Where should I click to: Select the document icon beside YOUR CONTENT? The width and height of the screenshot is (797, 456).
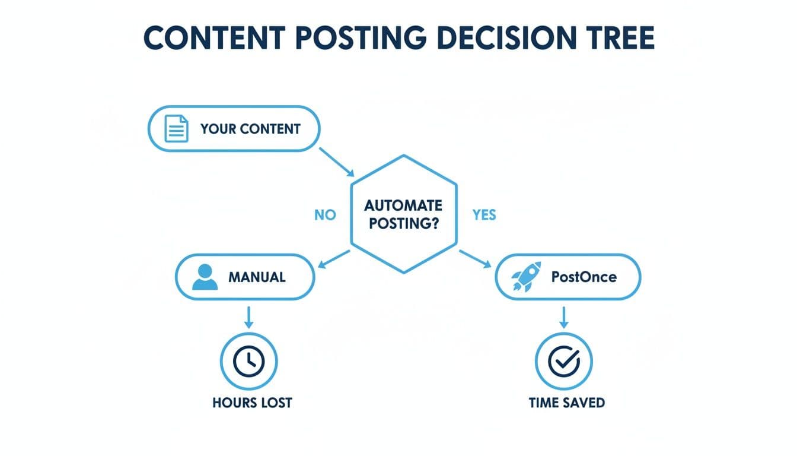(176, 129)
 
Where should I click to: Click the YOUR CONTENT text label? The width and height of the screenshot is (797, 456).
(250, 129)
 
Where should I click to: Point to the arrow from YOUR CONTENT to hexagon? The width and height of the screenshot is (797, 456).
(336, 162)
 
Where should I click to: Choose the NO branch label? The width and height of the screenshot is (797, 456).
(324, 215)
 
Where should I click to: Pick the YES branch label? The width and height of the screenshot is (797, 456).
(484, 215)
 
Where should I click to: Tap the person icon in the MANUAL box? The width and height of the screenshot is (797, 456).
(205, 277)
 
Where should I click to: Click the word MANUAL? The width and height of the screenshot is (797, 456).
(257, 277)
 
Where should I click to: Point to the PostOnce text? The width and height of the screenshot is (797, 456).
(584, 277)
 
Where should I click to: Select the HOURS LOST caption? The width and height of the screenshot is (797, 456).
(252, 403)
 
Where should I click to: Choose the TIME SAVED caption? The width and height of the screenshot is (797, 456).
(566, 403)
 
